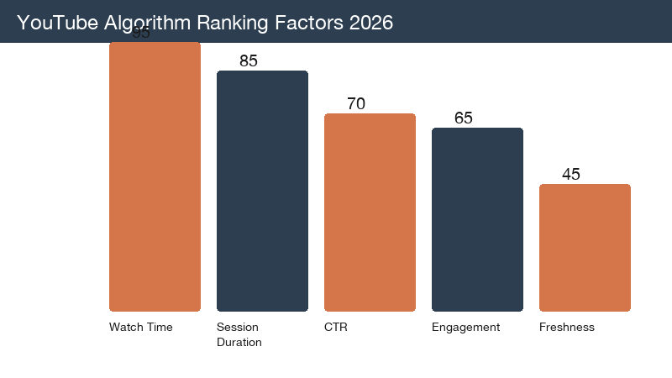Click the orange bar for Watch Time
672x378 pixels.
click(x=155, y=176)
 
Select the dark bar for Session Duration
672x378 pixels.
click(x=262, y=191)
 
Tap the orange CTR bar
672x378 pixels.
click(x=370, y=212)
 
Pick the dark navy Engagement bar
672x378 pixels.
click(x=477, y=219)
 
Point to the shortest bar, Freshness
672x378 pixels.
click(x=585, y=247)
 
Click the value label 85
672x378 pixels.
click(x=248, y=61)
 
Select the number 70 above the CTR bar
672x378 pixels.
click(x=356, y=104)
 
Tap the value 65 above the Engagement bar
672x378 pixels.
click(x=464, y=118)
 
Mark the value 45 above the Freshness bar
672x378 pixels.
click(x=571, y=175)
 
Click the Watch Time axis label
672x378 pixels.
click(x=140, y=328)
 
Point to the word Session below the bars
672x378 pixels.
click(x=238, y=328)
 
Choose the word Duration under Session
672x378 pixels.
click(x=239, y=343)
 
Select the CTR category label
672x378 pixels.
click(x=335, y=328)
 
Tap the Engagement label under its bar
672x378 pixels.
click(x=465, y=328)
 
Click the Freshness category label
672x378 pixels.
click(x=566, y=328)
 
